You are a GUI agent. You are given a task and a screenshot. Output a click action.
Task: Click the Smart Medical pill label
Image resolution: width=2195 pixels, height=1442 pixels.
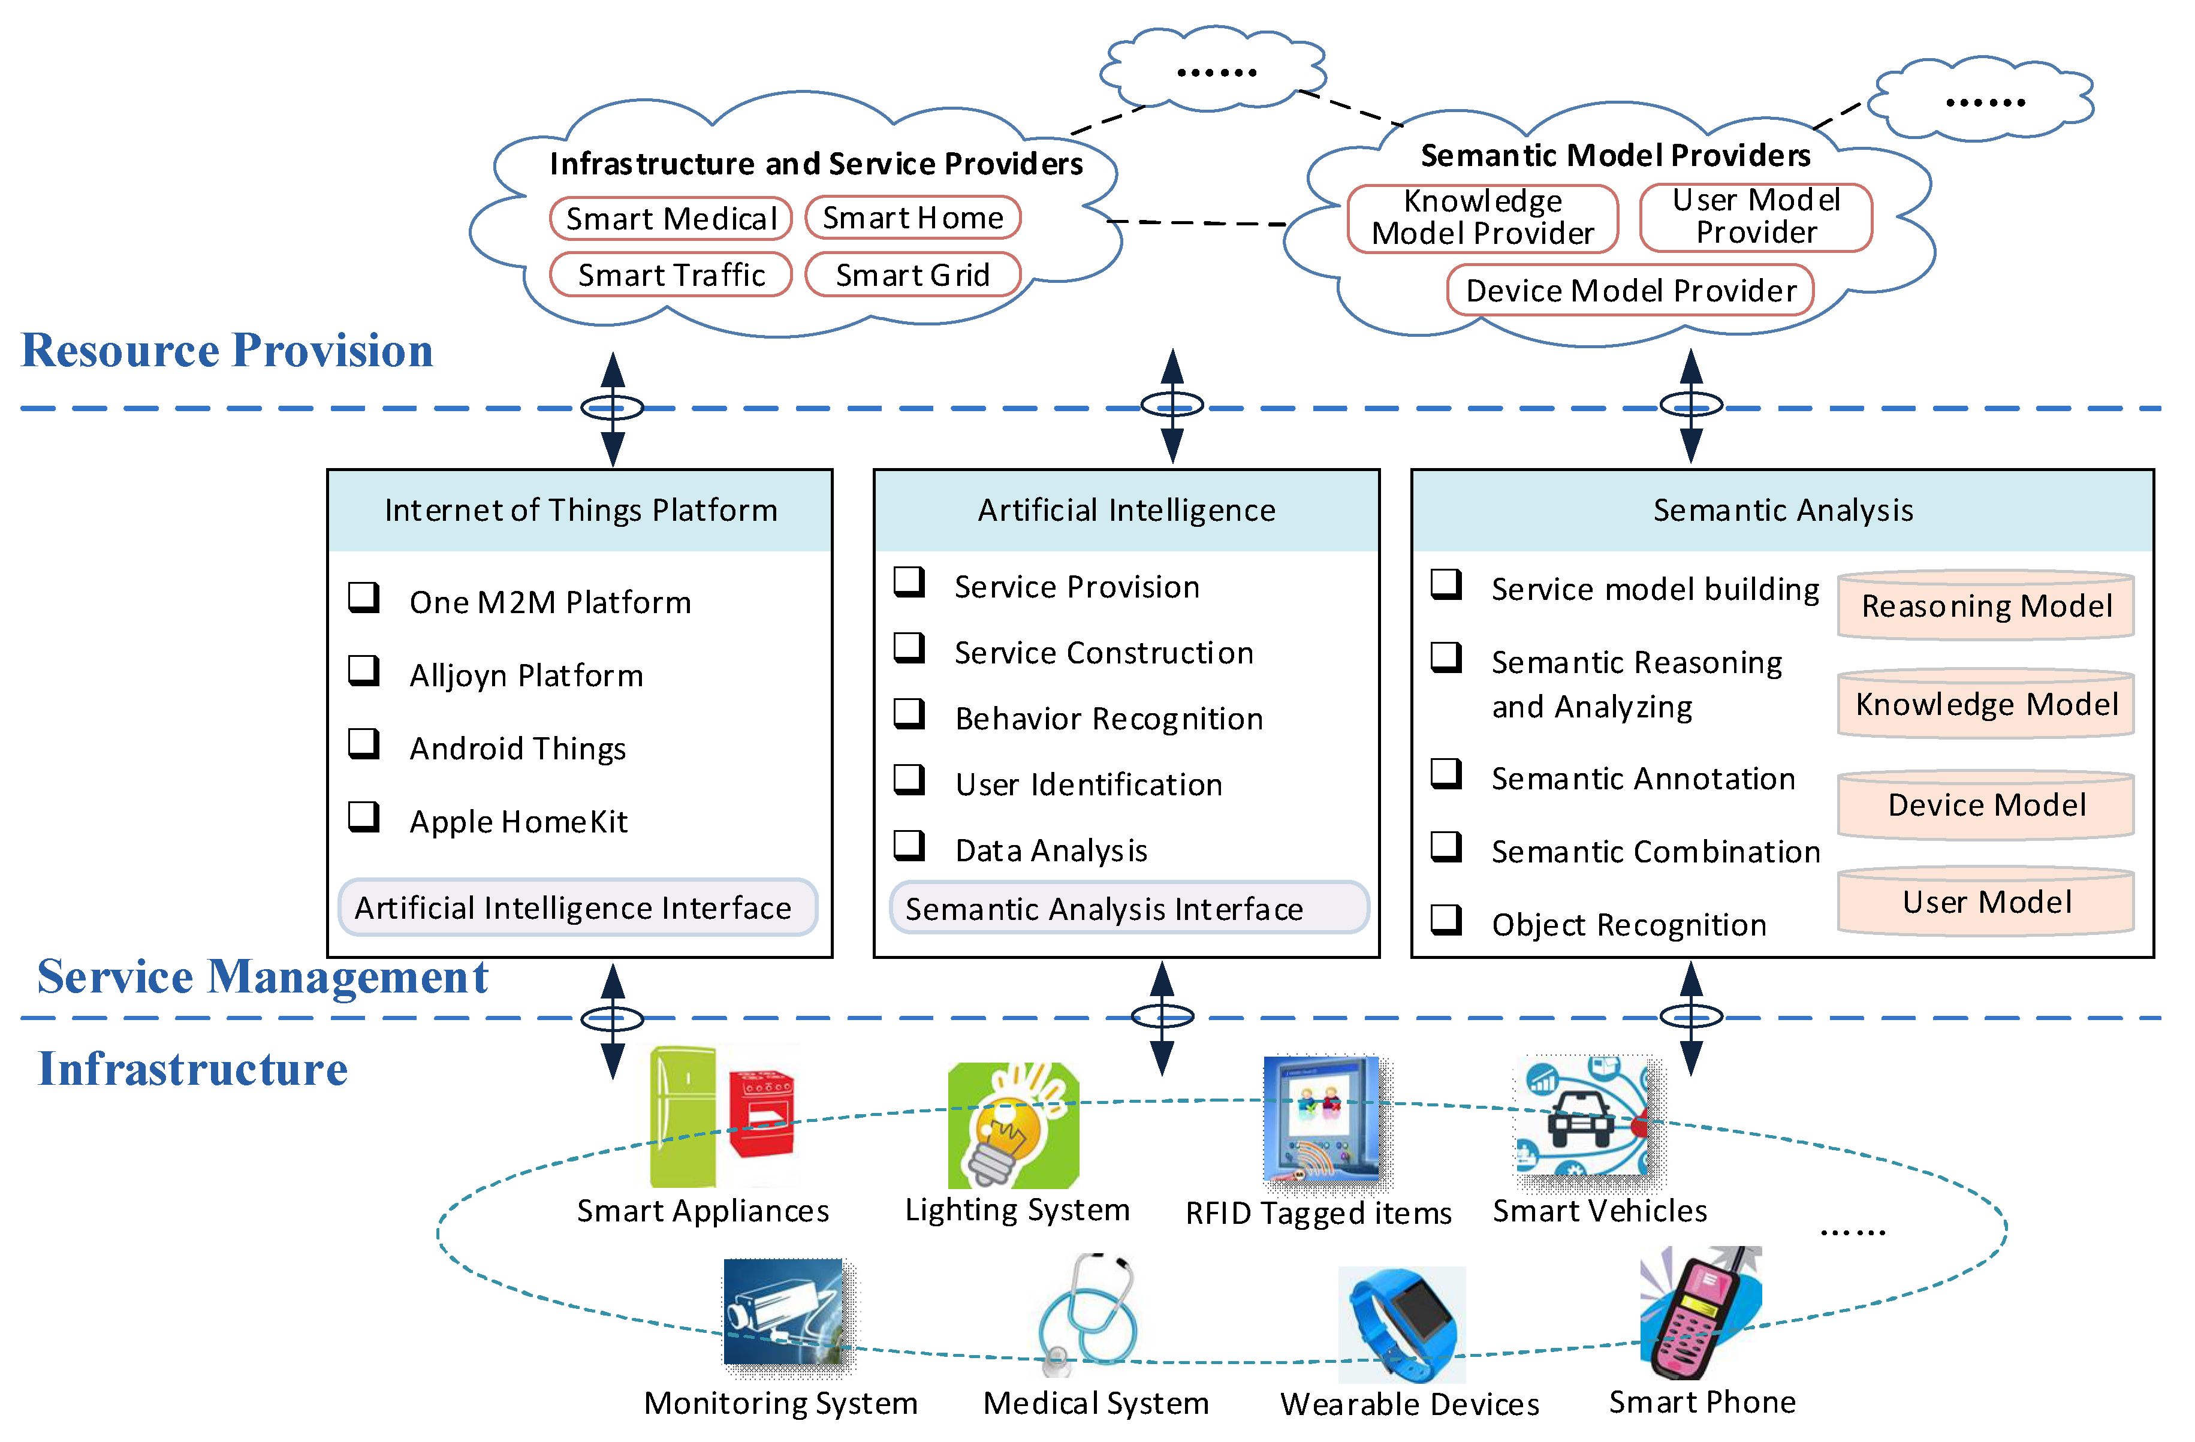tap(671, 219)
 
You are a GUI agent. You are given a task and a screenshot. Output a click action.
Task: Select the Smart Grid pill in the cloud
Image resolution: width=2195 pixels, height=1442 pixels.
tap(912, 274)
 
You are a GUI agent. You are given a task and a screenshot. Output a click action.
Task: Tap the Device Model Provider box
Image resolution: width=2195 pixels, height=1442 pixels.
tap(1630, 291)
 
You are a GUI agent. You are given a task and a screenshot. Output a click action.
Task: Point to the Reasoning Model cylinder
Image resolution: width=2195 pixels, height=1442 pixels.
tap(1986, 606)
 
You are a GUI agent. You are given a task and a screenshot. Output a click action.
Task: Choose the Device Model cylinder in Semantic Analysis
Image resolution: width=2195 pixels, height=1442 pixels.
tap(1986, 805)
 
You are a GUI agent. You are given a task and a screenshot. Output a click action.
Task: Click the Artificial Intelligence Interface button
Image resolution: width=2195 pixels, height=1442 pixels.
tap(577, 908)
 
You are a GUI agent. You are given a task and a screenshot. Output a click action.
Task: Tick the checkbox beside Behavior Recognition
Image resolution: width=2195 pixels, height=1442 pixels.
tap(909, 713)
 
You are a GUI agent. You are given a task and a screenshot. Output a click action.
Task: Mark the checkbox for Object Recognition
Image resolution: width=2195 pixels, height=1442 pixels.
tap(1445, 919)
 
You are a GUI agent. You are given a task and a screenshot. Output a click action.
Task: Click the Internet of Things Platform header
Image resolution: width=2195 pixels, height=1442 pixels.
tap(580, 510)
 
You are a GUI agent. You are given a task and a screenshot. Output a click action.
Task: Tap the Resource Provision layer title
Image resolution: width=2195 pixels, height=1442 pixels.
tap(227, 351)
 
